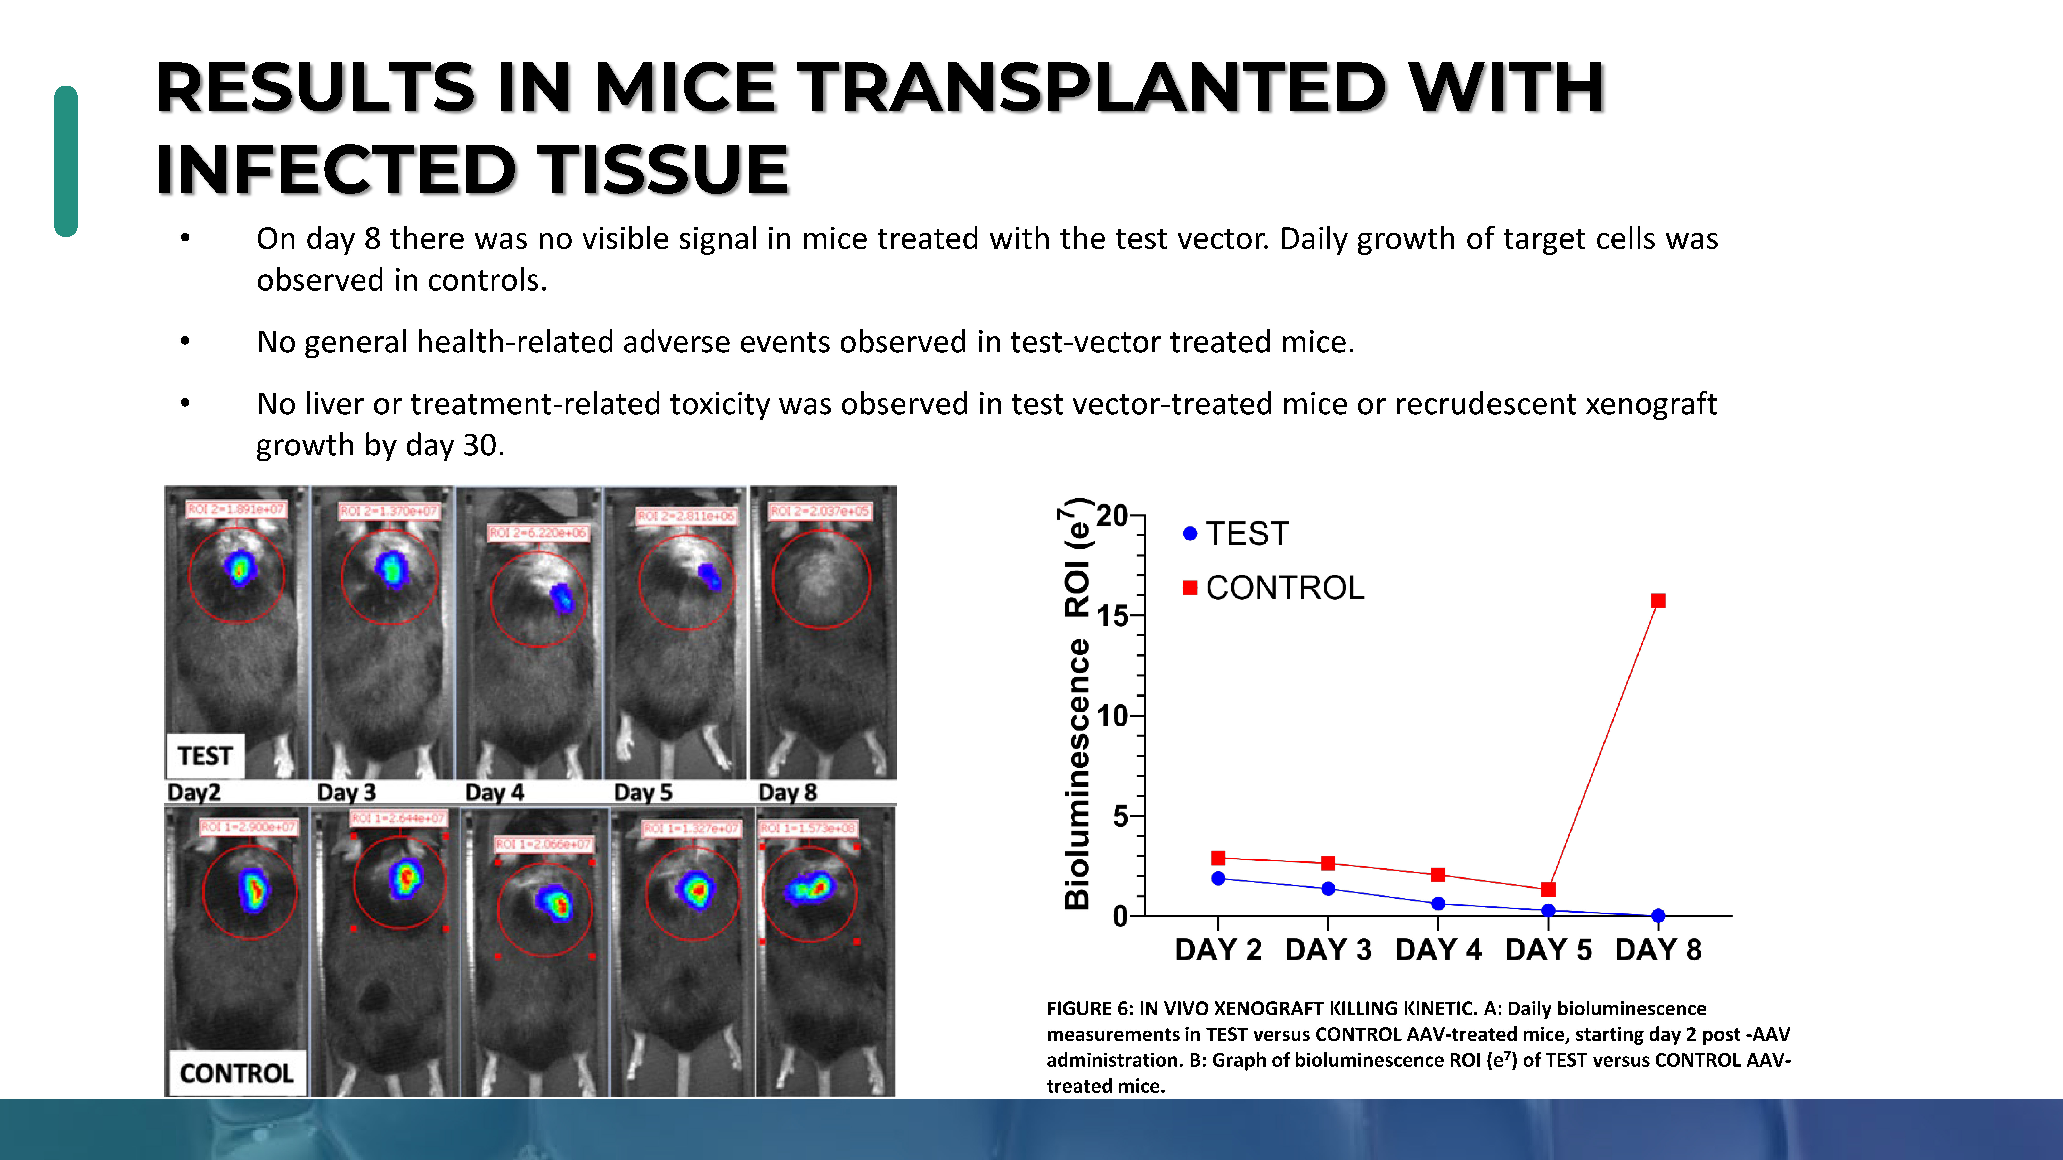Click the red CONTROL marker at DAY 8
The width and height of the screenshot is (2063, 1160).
point(1658,600)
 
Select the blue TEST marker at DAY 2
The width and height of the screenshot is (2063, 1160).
point(1218,878)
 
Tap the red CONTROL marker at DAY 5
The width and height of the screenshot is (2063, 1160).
point(1548,889)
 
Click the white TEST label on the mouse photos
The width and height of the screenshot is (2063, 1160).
point(205,756)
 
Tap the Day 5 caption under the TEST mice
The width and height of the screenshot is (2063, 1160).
point(642,793)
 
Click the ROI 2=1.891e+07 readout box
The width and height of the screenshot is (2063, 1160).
point(236,509)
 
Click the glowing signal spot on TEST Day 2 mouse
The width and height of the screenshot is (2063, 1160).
point(239,568)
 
